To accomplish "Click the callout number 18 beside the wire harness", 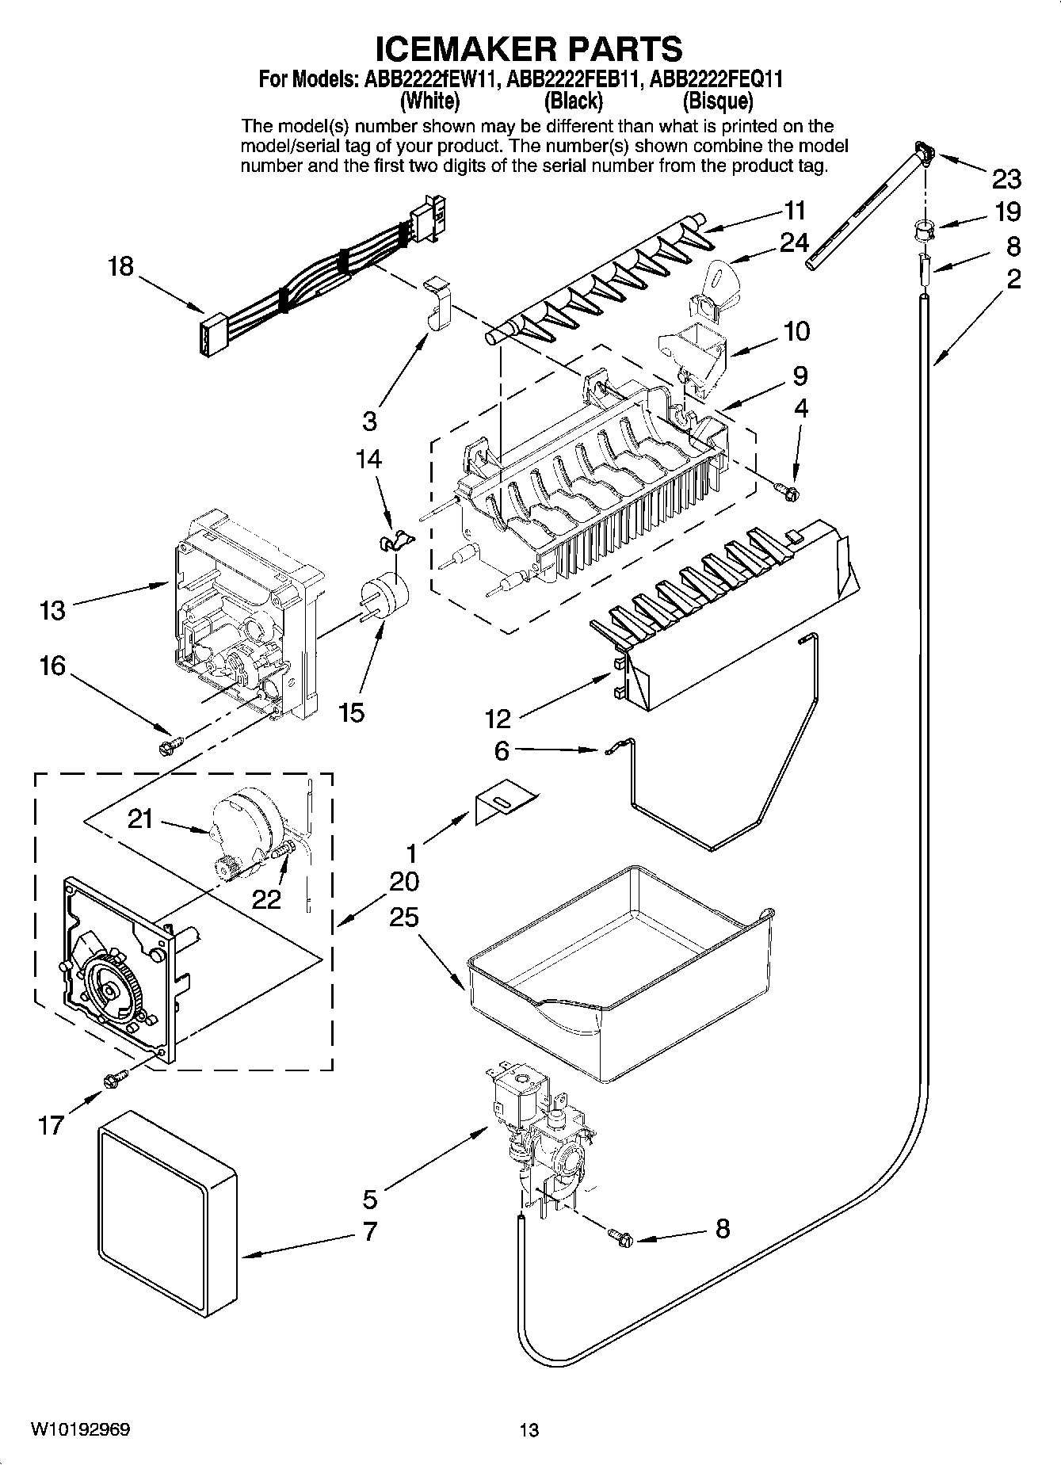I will pos(120,266).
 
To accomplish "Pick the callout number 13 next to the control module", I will pos(52,610).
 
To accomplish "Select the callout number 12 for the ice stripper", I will pos(498,719).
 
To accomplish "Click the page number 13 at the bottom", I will pos(529,1430).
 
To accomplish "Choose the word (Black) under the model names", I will pos(573,101).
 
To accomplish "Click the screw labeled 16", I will pos(170,746).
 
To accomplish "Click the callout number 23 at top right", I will pos(1006,180).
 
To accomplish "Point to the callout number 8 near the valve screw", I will pos(722,1229).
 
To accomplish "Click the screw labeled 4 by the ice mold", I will pos(788,492).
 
